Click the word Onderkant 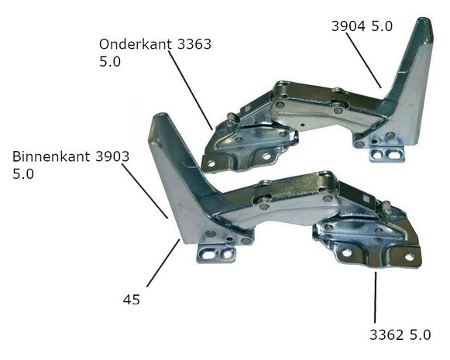[x=136, y=44]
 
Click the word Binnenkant [x=51, y=156]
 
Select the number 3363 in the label [x=194, y=44]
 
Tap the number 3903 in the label [x=112, y=156]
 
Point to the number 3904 [x=349, y=26]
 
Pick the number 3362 [x=386, y=334]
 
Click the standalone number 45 [x=132, y=300]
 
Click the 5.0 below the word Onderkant [x=110, y=62]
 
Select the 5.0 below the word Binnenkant [x=23, y=174]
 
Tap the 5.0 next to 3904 [x=382, y=26]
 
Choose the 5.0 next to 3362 [x=420, y=334]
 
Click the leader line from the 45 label [x=163, y=262]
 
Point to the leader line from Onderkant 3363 [x=191, y=91]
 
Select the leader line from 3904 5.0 [x=363, y=60]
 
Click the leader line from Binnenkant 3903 [x=145, y=191]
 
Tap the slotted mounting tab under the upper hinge [x=386, y=154]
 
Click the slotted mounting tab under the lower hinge [x=216, y=254]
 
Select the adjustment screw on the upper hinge [x=232, y=119]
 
